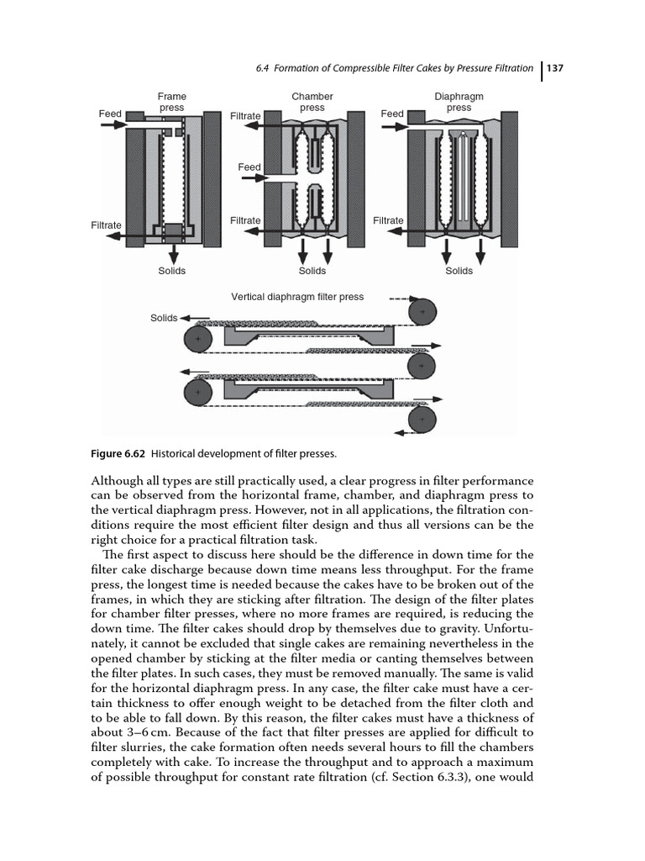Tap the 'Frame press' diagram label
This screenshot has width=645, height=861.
[172, 103]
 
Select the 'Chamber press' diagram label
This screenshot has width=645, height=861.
[312, 103]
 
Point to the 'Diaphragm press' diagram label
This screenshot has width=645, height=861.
[459, 103]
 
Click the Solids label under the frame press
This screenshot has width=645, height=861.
[172, 271]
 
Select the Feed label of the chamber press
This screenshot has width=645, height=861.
[249, 167]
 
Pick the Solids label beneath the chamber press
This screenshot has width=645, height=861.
[312, 271]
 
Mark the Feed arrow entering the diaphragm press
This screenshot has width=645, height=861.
[395, 128]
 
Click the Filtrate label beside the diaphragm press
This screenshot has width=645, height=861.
[388, 221]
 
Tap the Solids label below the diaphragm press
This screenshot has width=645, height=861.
[459, 271]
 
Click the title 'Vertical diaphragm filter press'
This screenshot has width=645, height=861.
[297, 297]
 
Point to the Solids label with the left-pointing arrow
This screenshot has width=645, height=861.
[164, 318]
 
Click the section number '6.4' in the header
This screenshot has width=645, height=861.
[265, 68]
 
